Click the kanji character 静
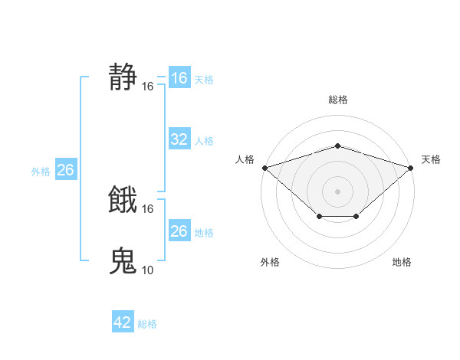[x=123, y=77]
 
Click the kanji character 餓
[x=123, y=200]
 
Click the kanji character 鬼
[x=123, y=260]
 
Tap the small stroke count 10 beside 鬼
[x=148, y=270]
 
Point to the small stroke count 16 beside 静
[x=148, y=87]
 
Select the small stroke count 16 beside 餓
[x=148, y=208]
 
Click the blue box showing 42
[x=123, y=322]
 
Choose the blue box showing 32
[x=179, y=139]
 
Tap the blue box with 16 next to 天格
[x=179, y=78]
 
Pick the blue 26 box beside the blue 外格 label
[x=65, y=170]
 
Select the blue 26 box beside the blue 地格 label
[x=179, y=231]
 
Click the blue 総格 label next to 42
[x=147, y=324]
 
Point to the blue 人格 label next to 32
[x=204, y=141]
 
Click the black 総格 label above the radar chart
[x=337, y=100]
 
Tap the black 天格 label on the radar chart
[x=431, y=159]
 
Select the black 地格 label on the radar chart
[x=402, y=263]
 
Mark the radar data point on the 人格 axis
[x=264, y=167]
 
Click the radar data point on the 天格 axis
[x=410, y=167]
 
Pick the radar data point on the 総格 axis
[x=337, y=146]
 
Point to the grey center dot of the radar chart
[x=337, y=191]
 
